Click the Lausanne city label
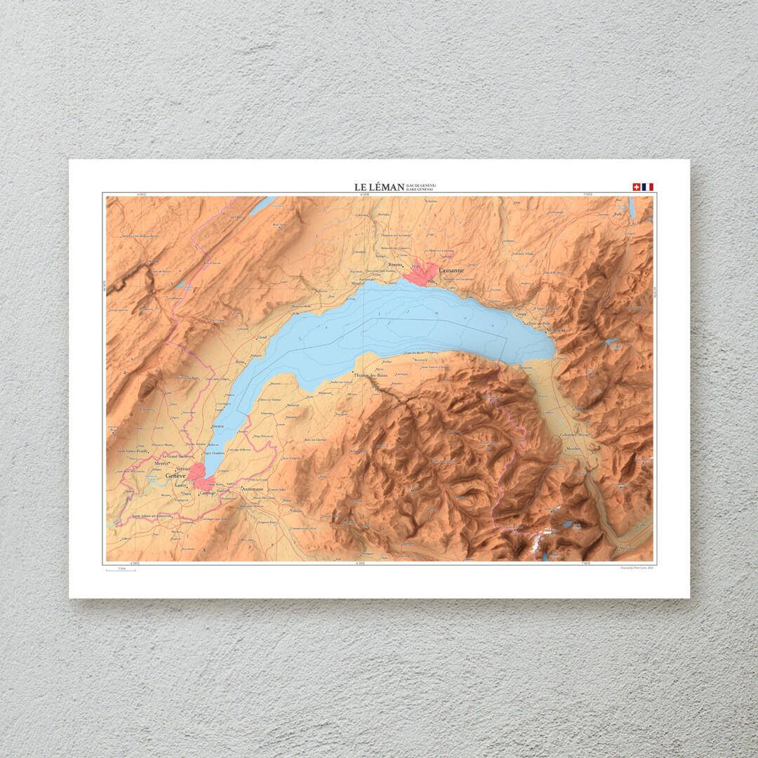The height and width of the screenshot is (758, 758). pyautogui.click(x=451, y=270)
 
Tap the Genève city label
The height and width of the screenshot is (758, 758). pyautogui.click(x=175, y=475)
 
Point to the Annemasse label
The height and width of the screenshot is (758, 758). pyautogui.click(x=255, y=488)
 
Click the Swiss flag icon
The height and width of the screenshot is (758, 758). pyautogui.click(x=637, y=187)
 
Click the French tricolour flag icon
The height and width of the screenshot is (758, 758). pyautogui.click(x=647, y=187)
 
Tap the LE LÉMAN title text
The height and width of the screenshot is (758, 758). pyautogui.click(x=379, y=187)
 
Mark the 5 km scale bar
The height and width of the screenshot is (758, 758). pyautogui.click(x=121, y=570)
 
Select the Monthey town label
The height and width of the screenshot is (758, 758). pyautogui.click(x=573, y=448)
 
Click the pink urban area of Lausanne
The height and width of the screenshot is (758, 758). pyautogui.click(x=420, y=274)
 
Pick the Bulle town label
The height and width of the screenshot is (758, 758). pyautogui.click(x=618, y=214)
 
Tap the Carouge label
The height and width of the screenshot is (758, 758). pyautogui.click(x=207, y=493)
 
